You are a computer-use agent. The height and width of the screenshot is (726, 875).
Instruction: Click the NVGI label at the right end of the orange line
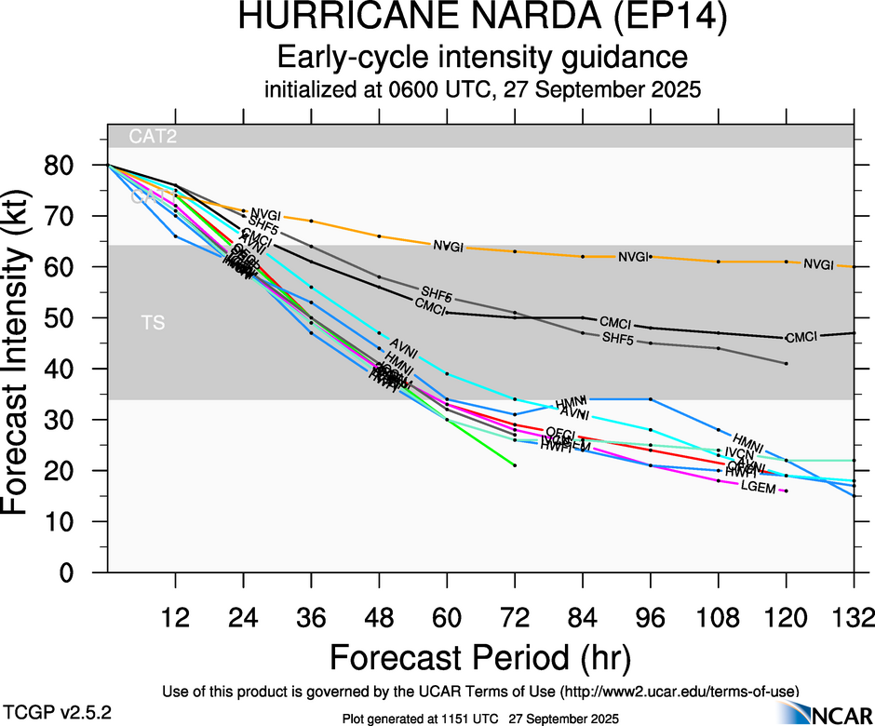click(x=819, y=264)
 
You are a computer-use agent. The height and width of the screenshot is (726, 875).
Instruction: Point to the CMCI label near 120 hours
click(x=801, y=337)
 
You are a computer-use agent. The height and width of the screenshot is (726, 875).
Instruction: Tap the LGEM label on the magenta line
click(x=758, y=488)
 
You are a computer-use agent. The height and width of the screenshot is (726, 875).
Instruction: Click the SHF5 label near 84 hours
click(x=617, y=337)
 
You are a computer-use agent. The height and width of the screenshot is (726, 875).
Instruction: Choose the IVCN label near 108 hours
click(x=740, y=453)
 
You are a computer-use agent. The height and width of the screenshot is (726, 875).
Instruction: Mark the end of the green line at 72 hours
click(x=515, y=465)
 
